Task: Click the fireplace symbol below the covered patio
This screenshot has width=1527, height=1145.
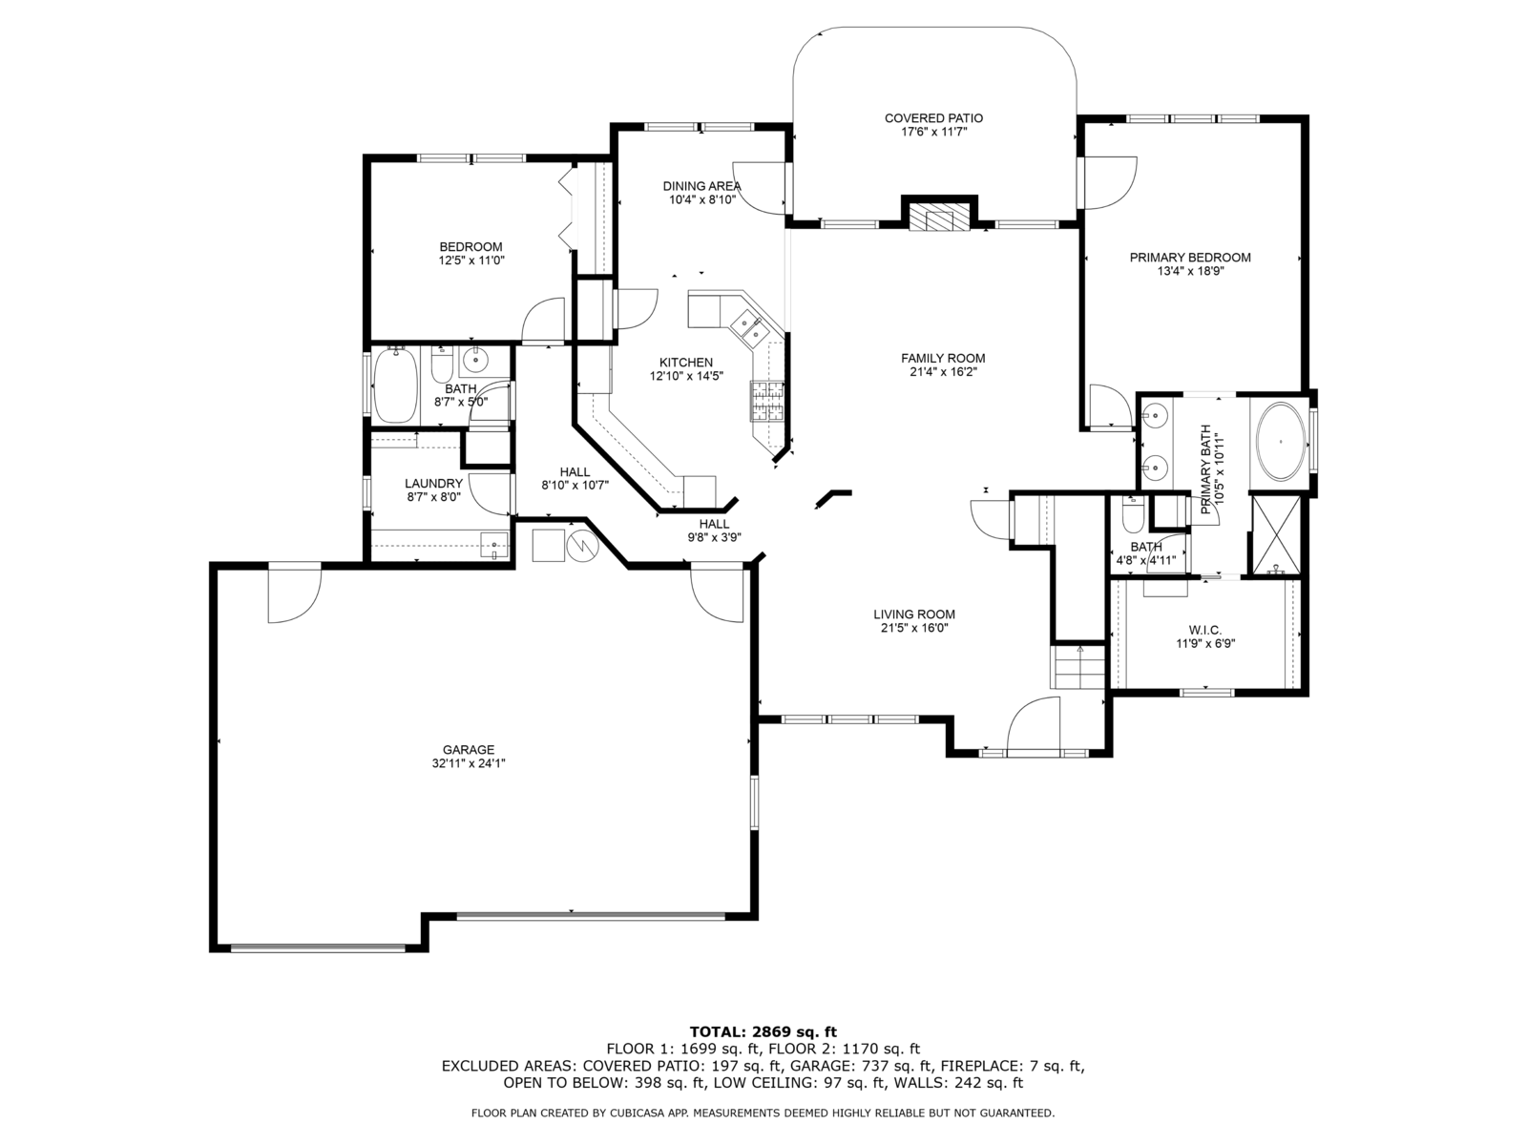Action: (939, 217)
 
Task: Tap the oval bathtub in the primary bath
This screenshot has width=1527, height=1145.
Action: (1280, 442)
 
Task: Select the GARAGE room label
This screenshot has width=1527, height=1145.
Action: (469, 749)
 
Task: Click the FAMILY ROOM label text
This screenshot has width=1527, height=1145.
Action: (943, 358)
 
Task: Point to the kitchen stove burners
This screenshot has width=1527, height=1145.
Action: (766, 401)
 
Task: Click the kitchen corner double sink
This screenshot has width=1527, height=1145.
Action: (748, 328)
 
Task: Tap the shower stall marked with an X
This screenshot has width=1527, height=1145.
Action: (1276, 534)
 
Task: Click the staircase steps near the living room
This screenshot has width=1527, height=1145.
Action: (1077, 667)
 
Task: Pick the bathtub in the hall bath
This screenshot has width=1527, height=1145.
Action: (395, 385)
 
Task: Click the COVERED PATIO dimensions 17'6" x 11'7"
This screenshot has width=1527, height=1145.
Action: (934, 132)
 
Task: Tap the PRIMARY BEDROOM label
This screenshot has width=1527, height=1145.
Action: (1189, 258)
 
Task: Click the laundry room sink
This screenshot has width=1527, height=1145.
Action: (494, 545)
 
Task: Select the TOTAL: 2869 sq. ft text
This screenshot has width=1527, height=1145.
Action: (763, 1031)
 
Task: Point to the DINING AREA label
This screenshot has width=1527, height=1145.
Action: (701, 186)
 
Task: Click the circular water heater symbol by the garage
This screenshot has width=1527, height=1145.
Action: (583, 546)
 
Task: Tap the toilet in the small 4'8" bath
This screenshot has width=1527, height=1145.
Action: (1133, 514)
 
